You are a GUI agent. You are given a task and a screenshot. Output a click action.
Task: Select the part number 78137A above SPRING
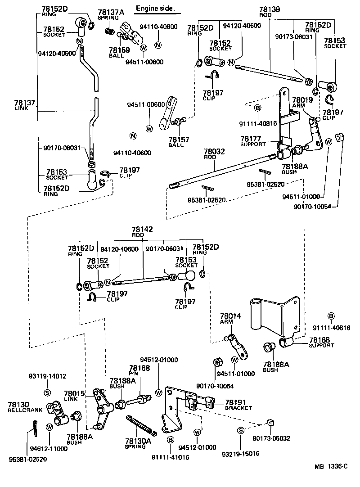pos(108,12)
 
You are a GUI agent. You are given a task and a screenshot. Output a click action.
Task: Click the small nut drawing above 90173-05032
pos(270,423)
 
